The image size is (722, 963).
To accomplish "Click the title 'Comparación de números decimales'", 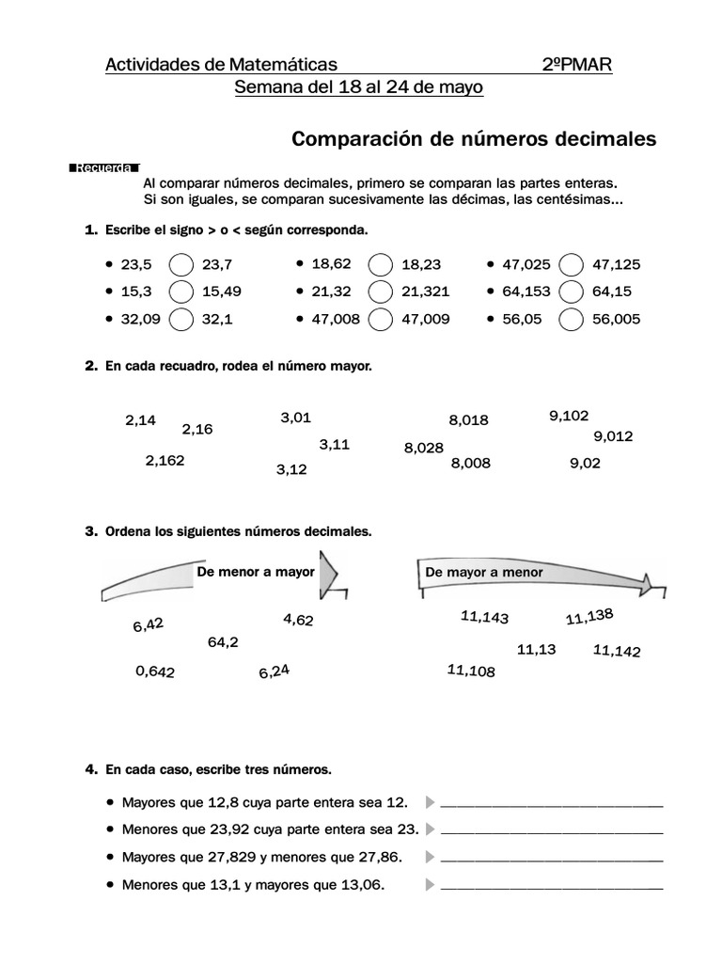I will coord(474,139).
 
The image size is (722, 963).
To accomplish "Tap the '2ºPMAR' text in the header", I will coord(577,65).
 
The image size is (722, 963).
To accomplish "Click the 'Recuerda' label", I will coord(104,169).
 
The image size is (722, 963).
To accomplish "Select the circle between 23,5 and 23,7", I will coord(182,265).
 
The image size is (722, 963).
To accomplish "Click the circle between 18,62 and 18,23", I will coord(381,265).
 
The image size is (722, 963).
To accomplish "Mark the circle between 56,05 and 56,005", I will coord(572,320).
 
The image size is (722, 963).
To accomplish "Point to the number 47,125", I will coord(616,265).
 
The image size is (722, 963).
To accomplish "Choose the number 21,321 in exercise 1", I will coord(425,292).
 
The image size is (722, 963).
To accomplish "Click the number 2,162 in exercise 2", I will coord(165,461).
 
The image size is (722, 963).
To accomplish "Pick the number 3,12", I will coord(291,468).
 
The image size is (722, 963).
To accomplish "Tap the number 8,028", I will coord(423,449).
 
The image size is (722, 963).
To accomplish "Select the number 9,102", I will coord(569,415).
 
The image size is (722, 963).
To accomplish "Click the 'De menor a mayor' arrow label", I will coord(255,572).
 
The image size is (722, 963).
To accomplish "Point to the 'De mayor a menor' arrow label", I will coord(484,573).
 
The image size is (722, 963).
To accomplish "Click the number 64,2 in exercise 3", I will coord(223,642).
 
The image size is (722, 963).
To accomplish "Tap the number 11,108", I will coord(471,671).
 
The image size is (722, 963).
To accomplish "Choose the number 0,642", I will coord(155,671).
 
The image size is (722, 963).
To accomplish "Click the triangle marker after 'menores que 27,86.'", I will coord(430,858).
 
